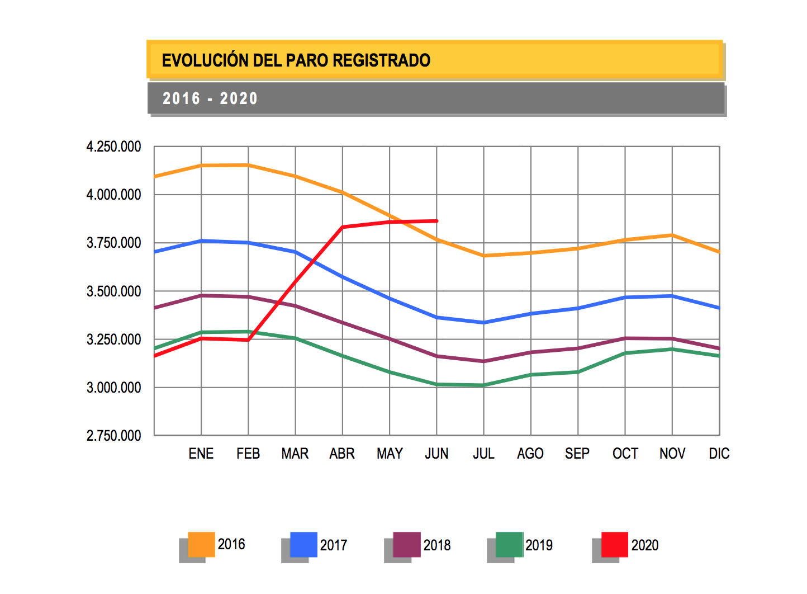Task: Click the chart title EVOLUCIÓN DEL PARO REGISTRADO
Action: click(296, 60)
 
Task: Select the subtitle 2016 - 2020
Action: click(210, 99)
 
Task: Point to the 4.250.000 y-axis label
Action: click(113, 147)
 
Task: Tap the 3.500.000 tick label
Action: click(113, 291)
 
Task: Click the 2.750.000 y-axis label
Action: click(113, 436)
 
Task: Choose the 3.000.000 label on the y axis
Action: click(113, 388)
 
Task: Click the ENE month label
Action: click(201, 454)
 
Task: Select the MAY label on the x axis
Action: click(390, 454)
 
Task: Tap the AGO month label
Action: click(530, 454)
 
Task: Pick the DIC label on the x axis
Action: click(719, 454)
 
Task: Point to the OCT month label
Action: click(625, 454)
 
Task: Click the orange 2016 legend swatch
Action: click(201, 544)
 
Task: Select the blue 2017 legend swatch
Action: click(303, 545)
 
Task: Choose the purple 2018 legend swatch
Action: click(406, 545)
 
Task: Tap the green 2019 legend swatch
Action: click(509, 545)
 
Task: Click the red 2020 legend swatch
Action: click(614, 545)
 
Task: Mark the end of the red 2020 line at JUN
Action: click(436, 221)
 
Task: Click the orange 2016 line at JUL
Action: click(484, 256)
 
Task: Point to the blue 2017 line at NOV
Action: click(672, 296)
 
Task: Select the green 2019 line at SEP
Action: click(578, 372)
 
